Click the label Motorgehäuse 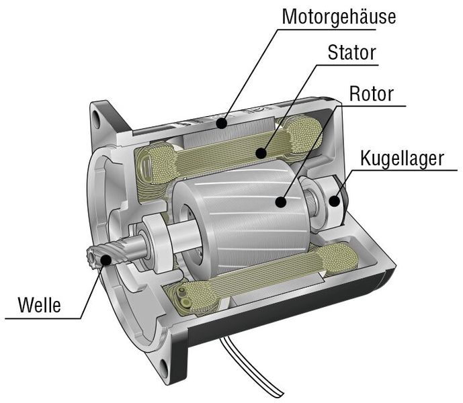coord(338,15)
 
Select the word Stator coord(351,52)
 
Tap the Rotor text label coord(371,93)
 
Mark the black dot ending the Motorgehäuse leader coord(220,123)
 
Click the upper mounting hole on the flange coord(103,122)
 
